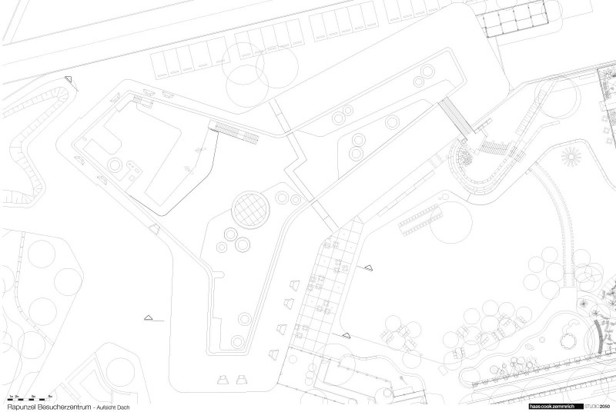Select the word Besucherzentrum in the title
[x=67, y=405]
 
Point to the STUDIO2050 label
[x=599, y=405]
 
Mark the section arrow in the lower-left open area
[x=149, y=317]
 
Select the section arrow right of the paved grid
[x=368, y=267]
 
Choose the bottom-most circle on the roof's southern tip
[x=245, y=317]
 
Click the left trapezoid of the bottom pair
[x=224, y=379]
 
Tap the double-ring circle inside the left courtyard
[x=116, y=165]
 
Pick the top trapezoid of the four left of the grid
[x=293, y=281]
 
